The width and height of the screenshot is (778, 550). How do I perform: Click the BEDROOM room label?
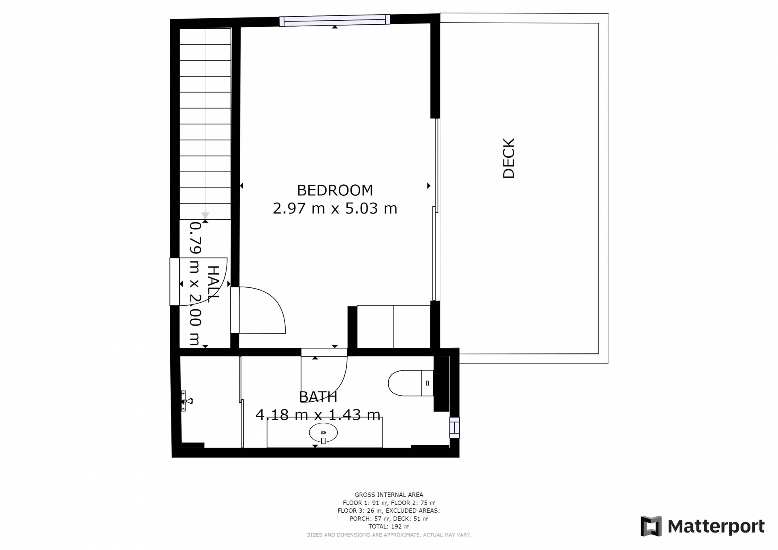335,190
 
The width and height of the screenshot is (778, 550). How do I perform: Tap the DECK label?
509,158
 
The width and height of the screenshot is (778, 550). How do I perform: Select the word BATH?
318,397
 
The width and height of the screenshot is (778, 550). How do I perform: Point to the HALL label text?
213,284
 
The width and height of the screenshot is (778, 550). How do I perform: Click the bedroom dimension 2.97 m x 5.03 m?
335,208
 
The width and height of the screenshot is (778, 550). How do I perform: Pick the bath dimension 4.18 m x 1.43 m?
318,415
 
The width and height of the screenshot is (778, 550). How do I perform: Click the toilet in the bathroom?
410,383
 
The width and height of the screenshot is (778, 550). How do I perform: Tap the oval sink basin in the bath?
323,433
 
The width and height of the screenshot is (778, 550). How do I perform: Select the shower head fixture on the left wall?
186,401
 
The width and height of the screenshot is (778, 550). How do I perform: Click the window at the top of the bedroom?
334,20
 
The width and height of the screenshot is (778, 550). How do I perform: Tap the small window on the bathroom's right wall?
454,428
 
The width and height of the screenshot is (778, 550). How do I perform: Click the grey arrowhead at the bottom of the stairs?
205,215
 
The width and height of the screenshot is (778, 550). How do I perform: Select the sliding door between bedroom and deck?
435,210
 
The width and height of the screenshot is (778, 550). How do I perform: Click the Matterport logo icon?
651,526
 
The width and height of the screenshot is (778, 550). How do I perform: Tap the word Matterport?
716,526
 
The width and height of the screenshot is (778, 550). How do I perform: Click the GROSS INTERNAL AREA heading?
389,494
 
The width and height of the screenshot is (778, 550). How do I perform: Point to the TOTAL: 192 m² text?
389,526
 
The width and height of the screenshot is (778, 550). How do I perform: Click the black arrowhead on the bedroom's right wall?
429,186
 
